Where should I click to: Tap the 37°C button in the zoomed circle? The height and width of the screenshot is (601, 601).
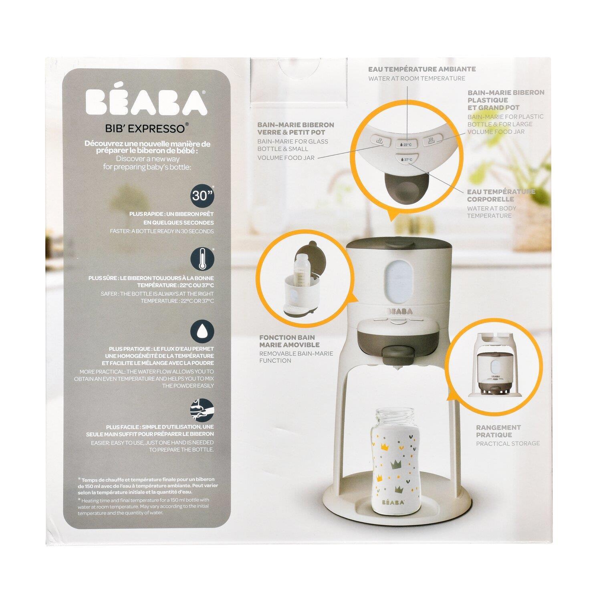(x=406, y=159)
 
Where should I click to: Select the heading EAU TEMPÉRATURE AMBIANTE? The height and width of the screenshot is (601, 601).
(x=422, y=69)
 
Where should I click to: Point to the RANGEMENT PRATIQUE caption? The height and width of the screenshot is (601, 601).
(x=498, y=431)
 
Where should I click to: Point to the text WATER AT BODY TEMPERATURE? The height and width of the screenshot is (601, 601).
(x=491, y=212)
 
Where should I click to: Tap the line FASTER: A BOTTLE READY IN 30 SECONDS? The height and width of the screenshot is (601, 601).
(x=162, y=231)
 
